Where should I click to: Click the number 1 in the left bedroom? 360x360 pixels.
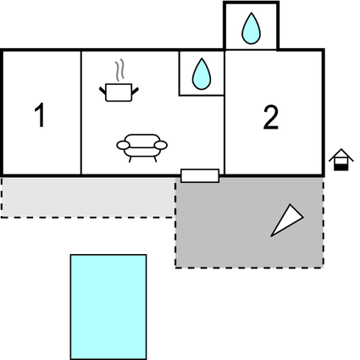click(40, 115)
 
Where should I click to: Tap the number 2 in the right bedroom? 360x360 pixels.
click(271, 118)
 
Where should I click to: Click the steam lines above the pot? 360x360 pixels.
click(119, 69)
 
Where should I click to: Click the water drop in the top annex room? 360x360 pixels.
click(251, 29)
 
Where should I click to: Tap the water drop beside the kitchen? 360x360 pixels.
click(202, 74)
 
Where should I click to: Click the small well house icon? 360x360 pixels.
click(341, 159)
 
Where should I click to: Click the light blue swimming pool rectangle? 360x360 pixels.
click(108, 307)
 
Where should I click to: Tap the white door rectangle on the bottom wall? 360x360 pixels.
click(200, 175)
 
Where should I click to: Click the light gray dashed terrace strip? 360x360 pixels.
click(88, 197)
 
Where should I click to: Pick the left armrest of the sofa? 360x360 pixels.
click(123, 146)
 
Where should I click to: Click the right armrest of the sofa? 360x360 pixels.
click(161, 145)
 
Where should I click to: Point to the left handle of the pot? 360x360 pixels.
click(102, 91)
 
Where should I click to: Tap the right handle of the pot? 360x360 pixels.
click(136, 91)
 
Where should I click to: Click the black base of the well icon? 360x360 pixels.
click(341, 168)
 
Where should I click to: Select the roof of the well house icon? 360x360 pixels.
click(341, 154)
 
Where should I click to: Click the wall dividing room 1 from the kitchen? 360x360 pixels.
click(81, 113)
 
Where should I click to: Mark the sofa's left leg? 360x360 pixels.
click(130, 159)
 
